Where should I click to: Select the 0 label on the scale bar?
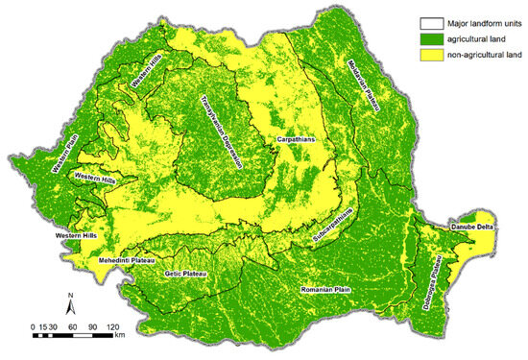coord(34,325)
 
